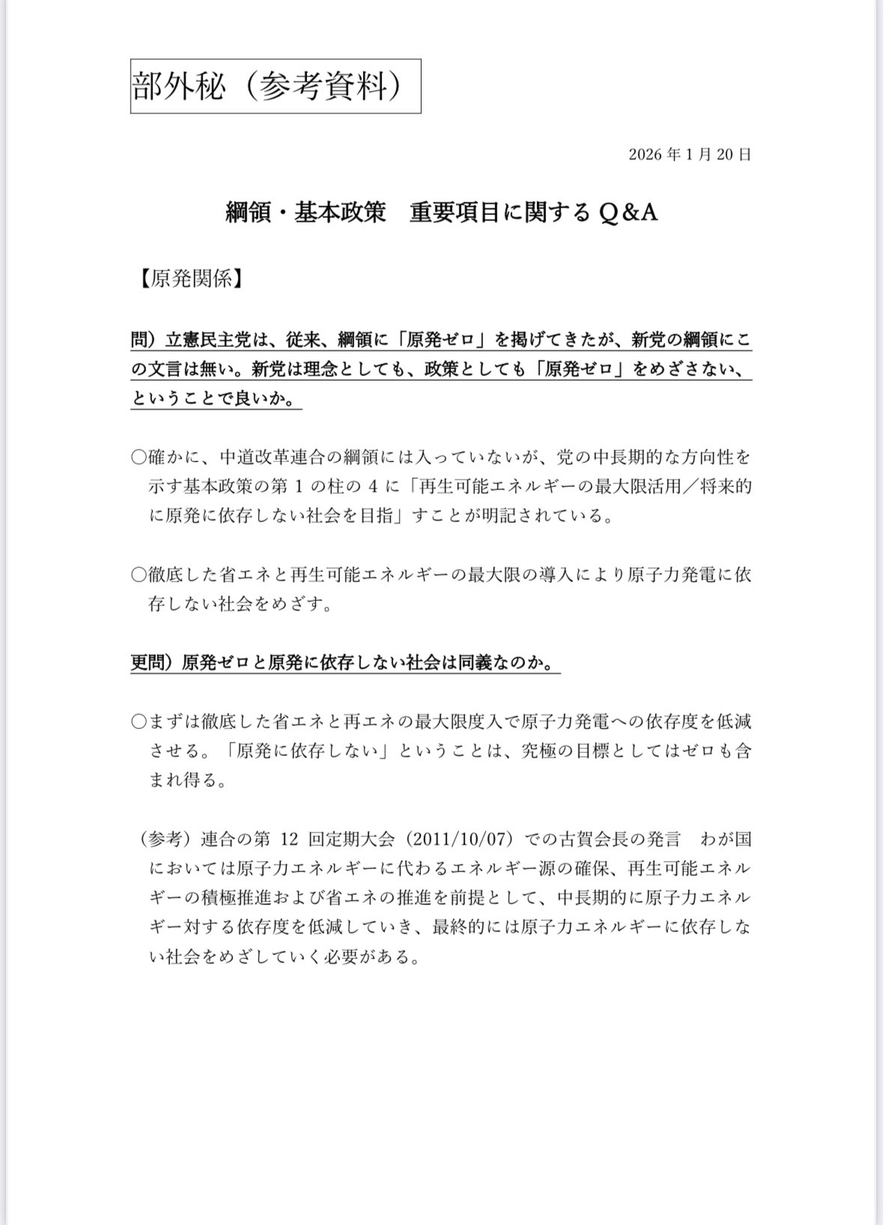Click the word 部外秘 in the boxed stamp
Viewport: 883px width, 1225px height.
coord(178,87)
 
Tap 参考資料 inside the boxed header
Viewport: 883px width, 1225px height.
coord(324,87)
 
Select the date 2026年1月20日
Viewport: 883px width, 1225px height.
coord(690,155)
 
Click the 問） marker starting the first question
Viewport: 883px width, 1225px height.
coord(146,339)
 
